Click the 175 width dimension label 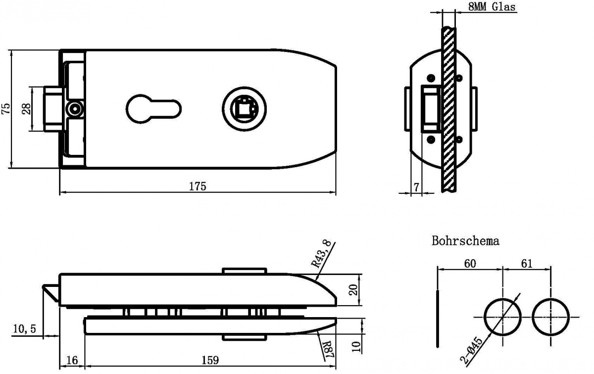pos(198,187)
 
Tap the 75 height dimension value pos(6,108)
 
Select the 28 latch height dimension pos(26,109)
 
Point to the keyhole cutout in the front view pos(153,109)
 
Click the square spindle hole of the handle pos(244,109)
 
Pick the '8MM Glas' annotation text pos(492,6)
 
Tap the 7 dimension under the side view pos(416,187)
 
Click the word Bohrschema pos(465,241)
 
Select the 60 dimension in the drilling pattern pos(470,264)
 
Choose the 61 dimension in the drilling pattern pos(527,264)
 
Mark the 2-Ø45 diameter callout pos(471,350)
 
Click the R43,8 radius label pos(321,254)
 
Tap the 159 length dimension pos(210,360)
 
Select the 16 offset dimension pos(72,360)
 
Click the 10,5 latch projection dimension pos(24,329)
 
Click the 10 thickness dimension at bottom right pos(357,347)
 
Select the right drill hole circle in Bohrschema pos(550,317)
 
